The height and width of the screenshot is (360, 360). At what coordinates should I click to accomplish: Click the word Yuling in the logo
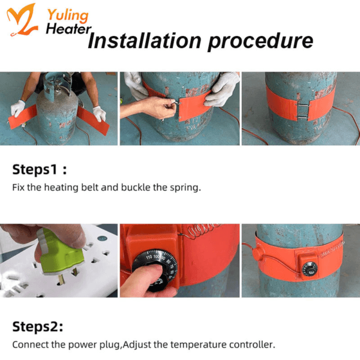68,16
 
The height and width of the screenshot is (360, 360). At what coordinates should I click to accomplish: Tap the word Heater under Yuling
68,29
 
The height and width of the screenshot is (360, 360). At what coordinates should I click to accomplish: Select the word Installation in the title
145,41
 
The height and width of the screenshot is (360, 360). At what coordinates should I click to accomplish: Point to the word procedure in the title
260,42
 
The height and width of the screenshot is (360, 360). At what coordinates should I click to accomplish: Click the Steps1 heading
40,170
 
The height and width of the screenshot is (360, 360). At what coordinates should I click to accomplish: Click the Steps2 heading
38,326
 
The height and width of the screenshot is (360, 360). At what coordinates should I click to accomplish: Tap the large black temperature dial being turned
154,269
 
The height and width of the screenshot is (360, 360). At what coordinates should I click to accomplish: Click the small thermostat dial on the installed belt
310,269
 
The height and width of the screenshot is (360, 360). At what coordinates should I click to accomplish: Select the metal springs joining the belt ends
303,112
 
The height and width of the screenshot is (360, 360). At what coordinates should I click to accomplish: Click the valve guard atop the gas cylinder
56,85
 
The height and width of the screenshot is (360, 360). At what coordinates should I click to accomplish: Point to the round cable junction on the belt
257,253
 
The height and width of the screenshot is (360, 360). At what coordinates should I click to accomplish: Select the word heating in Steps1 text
61,188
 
